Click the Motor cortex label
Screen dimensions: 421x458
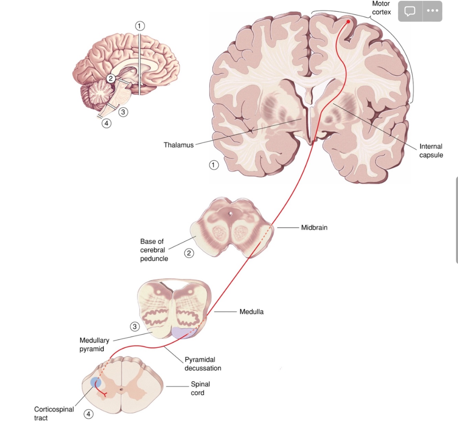coord(381,8)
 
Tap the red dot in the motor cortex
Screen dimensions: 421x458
coord(348,22)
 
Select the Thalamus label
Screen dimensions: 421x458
coord(179,145)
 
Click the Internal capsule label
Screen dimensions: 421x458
coord(431,151)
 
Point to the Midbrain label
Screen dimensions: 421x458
coord(314,227)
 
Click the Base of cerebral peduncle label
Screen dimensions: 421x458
coord(154,250)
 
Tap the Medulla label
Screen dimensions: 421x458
coord(251,312)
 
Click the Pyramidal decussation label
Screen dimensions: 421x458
coord(203,364)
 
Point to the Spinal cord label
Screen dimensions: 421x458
coord(200,388)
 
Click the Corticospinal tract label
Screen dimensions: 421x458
coord(54,413)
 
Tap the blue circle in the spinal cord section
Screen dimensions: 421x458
coord(96,382)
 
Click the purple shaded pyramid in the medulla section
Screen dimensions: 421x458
coord(183,332)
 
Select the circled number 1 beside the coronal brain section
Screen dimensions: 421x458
coord(214,165)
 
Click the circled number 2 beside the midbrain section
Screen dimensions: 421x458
coord(189,253)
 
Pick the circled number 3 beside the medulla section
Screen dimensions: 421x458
coord(135,326)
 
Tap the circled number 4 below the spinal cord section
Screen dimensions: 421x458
coord(88,414)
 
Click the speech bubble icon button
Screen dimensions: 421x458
coord(410,11)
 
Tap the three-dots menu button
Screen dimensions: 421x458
coord(432,11)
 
